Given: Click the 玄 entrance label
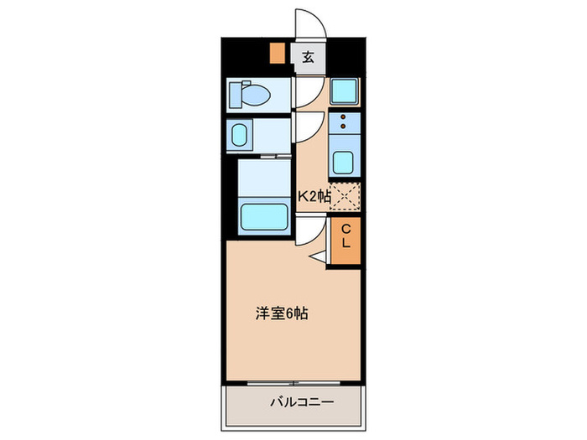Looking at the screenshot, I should (x=309, y=58).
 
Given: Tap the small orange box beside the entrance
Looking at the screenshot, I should (x=276, y=54).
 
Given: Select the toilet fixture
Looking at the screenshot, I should (x=252, y=96).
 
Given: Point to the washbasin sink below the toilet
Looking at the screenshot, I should (x=240, y=135).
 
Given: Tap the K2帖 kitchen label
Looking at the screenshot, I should (x=314, y=197).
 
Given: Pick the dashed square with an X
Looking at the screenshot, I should (x=345, y=196).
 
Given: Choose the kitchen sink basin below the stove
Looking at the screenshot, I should (x=345, y=160).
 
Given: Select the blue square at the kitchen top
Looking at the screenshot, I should (x=344, y=91).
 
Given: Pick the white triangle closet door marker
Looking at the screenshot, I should (x=319, y=257).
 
